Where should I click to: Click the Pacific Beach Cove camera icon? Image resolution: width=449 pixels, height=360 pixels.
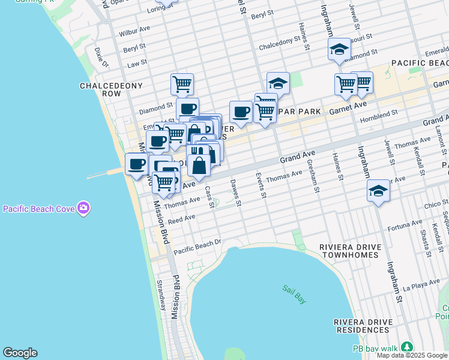click(x=83, y=209)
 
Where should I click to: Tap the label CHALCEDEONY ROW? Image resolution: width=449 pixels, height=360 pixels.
click(x=112, y=90)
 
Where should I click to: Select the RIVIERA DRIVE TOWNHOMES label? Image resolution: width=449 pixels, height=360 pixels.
click(x=349, y=251)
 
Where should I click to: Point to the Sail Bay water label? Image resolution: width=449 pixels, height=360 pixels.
click(x=294, y=292)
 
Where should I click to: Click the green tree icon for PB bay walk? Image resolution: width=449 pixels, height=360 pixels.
click(x=407, y=347)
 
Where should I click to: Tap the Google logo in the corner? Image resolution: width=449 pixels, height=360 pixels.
click(x=20, y=353)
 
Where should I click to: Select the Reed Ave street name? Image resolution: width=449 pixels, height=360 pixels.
click(x=182, y=220)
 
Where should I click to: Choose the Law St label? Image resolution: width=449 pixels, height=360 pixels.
click(x=137, y=62)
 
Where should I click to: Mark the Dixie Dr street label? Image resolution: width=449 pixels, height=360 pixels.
click(x=100, y=58)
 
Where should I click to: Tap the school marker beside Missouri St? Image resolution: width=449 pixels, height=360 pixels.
click(x=339, y=50)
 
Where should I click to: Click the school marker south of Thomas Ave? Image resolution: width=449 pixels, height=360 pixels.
click(x=378, y=192)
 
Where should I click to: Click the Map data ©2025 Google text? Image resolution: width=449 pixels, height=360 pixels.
click(x=412, y=355)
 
